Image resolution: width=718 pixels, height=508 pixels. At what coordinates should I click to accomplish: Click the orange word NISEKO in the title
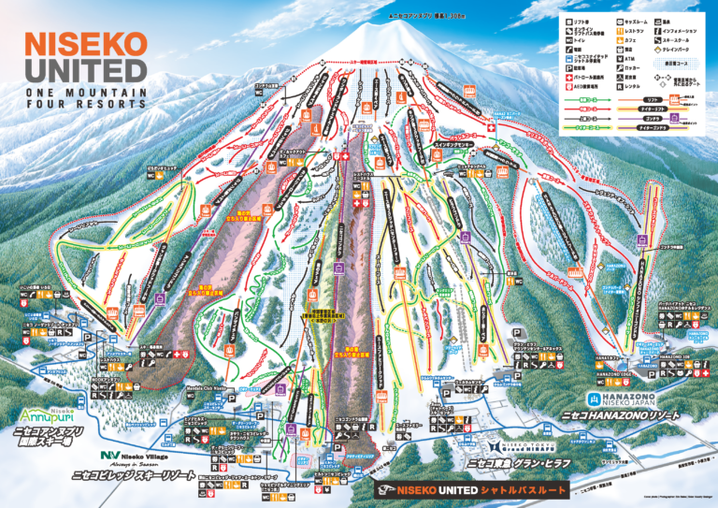(85, 44)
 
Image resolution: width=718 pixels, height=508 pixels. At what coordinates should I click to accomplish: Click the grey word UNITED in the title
(85, 70)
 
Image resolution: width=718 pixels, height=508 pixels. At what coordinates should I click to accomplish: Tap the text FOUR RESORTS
(87, 106)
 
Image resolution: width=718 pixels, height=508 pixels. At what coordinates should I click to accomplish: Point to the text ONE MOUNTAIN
(87, 93)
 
